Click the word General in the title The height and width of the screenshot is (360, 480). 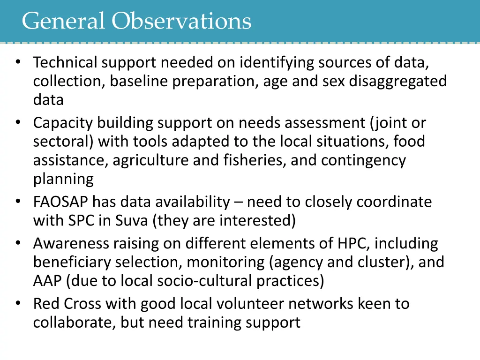(x=63, y=21)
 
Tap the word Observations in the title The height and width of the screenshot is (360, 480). (x=182, y=21)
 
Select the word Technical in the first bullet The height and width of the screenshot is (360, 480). (x=65, y=62)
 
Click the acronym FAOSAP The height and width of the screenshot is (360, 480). (x=60, y=202)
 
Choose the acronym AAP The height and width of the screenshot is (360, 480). (x=47, y=281)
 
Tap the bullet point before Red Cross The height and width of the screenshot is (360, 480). (x=18, y=303)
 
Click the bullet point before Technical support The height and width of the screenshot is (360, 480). (x=18, y=61)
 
